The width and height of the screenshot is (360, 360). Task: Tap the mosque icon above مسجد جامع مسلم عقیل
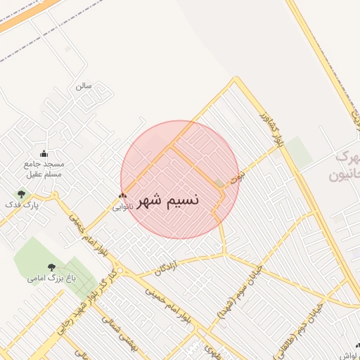pyautogui.click(x=44, y=155)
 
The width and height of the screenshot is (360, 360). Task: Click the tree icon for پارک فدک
pyautogui.click(x=21, y=193)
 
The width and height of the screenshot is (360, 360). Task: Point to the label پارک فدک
pyautogui.click(x=20, y=205)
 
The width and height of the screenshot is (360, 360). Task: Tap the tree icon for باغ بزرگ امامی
pyautogui.click(x=51, y=267)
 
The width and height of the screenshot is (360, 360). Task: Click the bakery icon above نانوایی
pyautogui.click(x=123, y=196)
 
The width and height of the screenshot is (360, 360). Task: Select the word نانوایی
pyautogui.click(x=122, y=207)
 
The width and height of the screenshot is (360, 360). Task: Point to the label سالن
pyautogui.click(x=84, y=87)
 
